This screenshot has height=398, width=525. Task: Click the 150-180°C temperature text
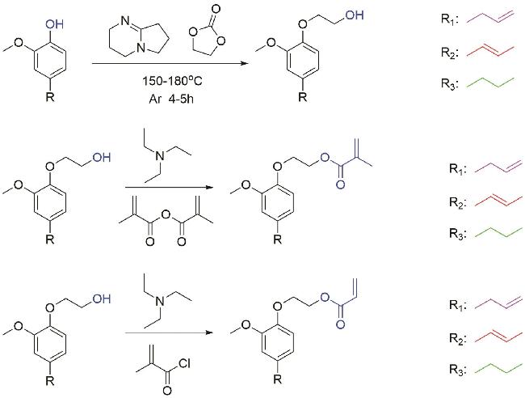(172, 81)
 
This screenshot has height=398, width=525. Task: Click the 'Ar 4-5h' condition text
(171, 99)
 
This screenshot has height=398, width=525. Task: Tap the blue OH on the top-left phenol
(54, 24)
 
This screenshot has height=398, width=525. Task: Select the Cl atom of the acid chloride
(184, 363)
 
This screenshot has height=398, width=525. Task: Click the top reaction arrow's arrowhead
(246, 63)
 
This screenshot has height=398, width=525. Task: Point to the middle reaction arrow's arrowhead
(209, 187)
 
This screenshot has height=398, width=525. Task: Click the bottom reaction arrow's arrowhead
(209, 332)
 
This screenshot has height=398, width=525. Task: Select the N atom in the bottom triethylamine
(161, 301)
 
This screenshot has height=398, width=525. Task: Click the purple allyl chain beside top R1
(489, 17)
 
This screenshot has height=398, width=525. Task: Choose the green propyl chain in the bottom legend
(498, 368)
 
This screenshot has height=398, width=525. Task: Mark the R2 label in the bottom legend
(456, 338)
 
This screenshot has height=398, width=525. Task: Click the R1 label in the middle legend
(456, 169)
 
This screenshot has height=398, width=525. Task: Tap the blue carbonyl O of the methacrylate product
(341, 184)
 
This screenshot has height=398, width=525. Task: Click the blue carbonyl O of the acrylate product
(341, 324)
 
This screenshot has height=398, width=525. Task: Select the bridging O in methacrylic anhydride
(166, 214)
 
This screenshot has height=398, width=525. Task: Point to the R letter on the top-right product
(302, 97)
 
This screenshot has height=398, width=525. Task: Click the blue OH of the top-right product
(355, 15)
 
